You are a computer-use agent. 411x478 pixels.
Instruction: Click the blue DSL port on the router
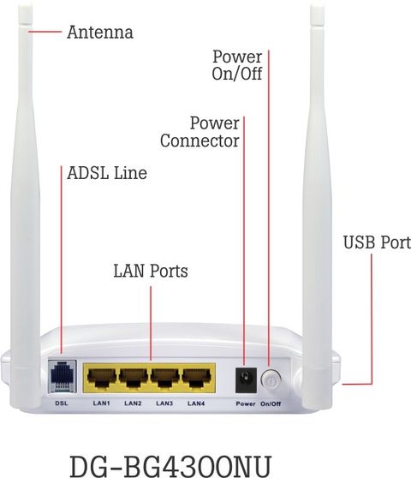[63, 376]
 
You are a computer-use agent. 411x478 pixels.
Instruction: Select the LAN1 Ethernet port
[101, 379]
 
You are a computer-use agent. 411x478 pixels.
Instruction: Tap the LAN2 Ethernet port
[133, 379]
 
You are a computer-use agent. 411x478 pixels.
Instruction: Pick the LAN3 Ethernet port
[164, 379]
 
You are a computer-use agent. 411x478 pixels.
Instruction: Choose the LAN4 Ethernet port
[197, 379]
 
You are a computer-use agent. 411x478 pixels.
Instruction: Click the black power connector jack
[247, 380]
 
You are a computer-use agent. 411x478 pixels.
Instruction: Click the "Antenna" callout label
[100, 33]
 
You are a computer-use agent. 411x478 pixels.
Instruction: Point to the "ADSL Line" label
[107, 173]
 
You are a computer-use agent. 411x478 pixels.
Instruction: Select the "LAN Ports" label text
[151, 271]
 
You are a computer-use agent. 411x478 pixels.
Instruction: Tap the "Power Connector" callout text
[200, 132]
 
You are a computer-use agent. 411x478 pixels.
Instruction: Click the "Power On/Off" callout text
[237, 65]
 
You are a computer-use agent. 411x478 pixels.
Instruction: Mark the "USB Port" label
[377, 242]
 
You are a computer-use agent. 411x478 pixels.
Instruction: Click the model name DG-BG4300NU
[170, 466]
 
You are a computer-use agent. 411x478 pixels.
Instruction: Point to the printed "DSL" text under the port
[62, 403]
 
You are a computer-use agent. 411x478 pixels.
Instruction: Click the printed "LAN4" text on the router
[196, 403]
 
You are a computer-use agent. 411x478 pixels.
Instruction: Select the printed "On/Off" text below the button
[271, 404]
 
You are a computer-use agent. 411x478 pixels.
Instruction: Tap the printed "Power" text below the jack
[246, 403]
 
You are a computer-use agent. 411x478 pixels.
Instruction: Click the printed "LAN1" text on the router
[101, 403]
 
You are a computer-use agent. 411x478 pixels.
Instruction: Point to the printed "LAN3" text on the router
[164, 403]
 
